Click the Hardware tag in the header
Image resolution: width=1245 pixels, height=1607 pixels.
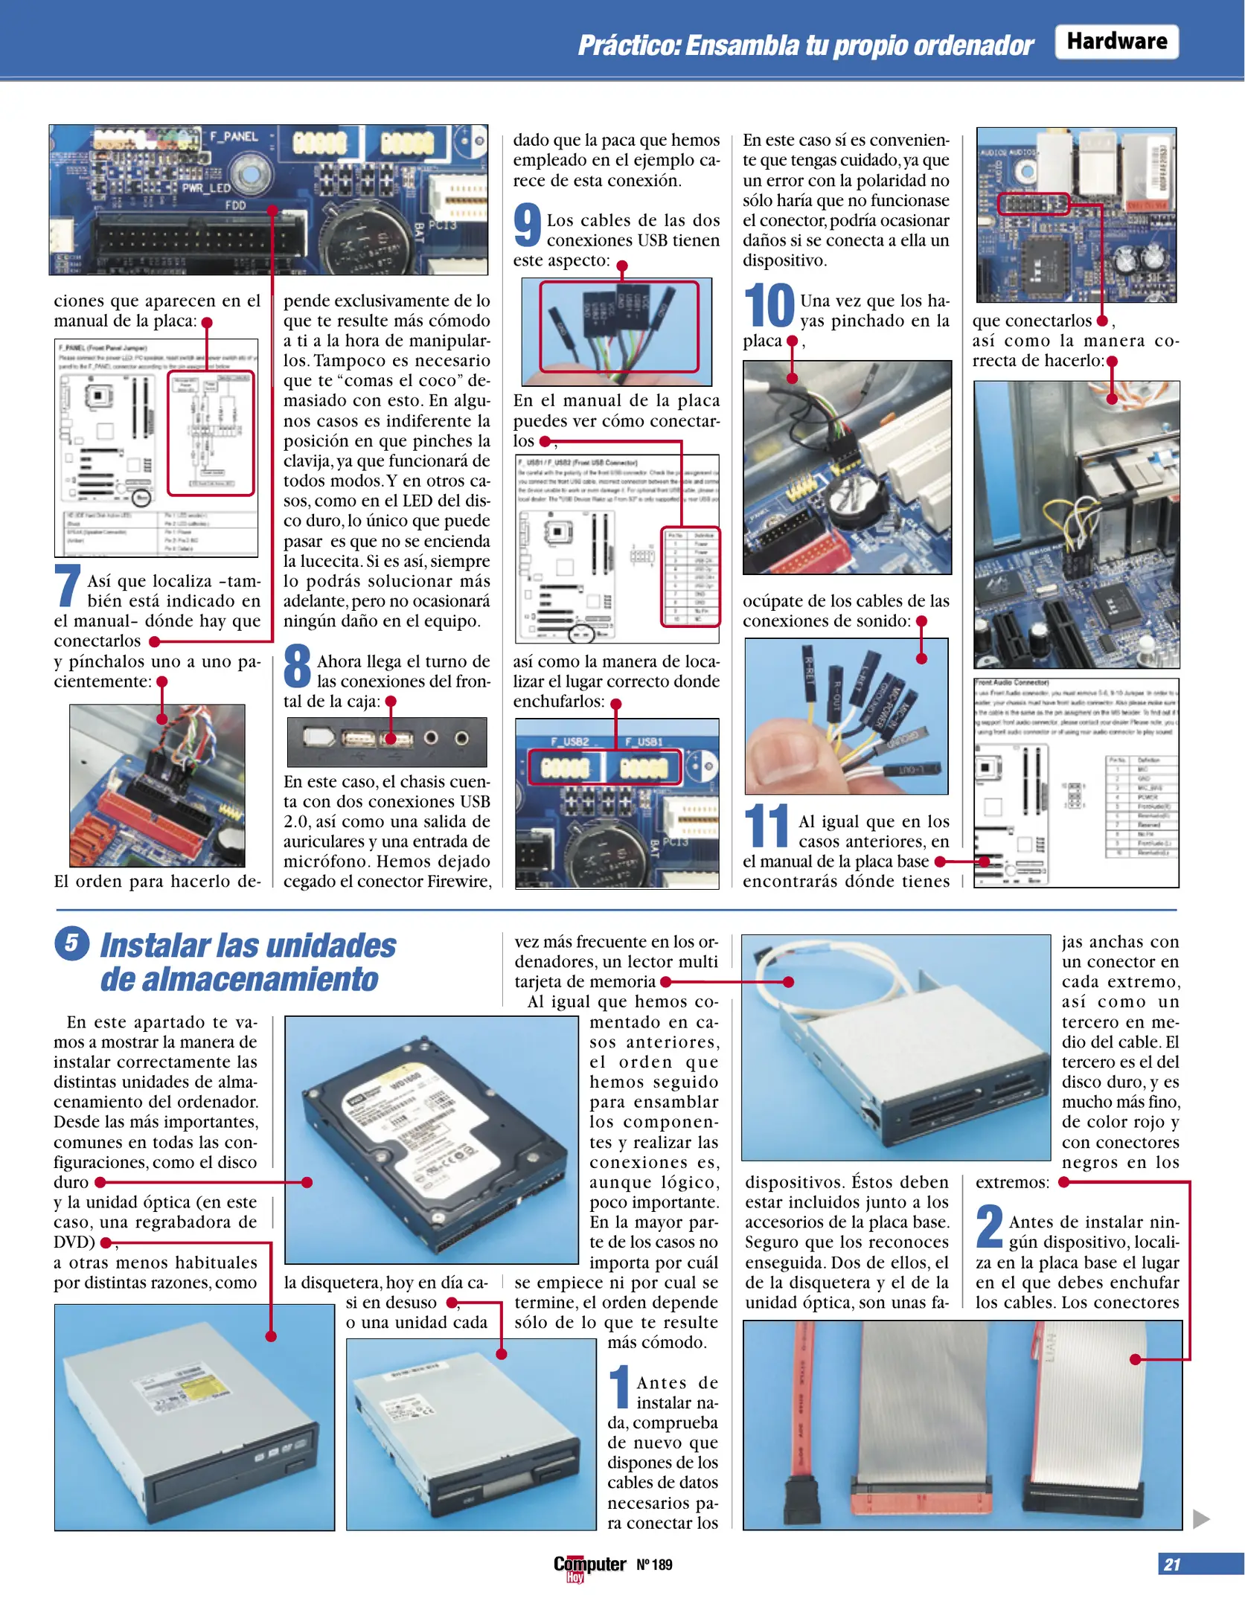click(1116, 42)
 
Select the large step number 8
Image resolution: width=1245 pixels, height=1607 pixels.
click(297, 667)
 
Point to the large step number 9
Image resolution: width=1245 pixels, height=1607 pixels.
click(527, 225)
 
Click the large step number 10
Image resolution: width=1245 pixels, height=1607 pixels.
click(769, 306)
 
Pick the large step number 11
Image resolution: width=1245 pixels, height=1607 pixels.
click(766, 827)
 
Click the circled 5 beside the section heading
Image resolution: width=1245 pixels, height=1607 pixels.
click(72, 943)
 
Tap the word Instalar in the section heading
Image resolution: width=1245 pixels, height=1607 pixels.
click(155, 946)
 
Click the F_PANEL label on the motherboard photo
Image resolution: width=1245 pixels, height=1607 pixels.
click(234, 137)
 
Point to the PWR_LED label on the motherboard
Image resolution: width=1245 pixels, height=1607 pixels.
click(206, 188)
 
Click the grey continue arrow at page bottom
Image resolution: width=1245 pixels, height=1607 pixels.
click(1200, 1518)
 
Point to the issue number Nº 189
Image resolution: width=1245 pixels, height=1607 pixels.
click(654, 1565)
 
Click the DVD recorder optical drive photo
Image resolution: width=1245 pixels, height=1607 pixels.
click(193, 1425)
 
